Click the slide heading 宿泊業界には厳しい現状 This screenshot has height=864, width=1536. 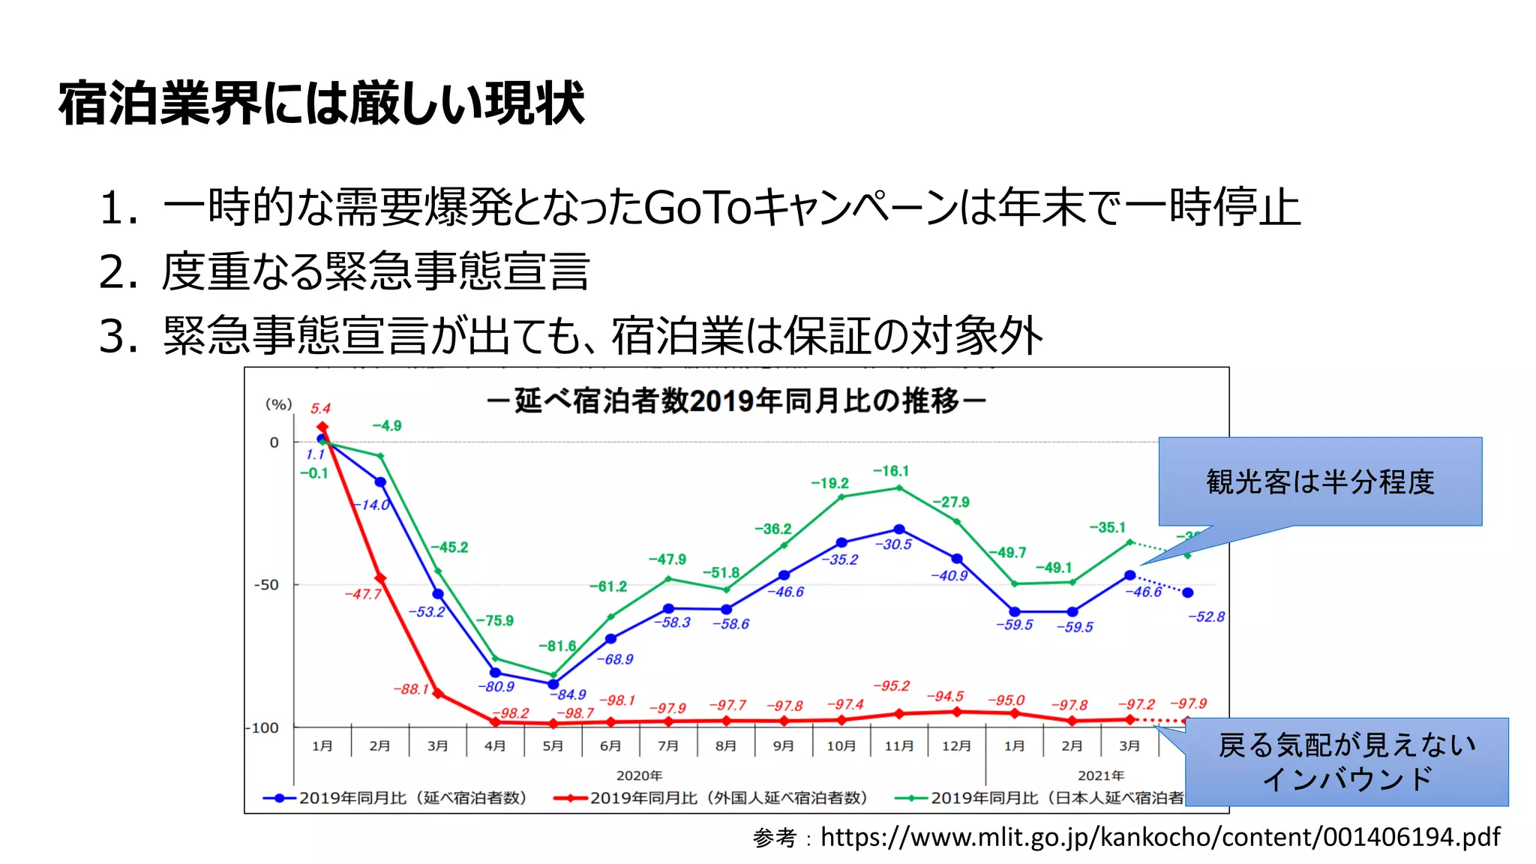click(x=321, y=103)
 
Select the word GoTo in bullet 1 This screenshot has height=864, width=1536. click(x=697, y=208)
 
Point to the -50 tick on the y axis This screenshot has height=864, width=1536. click(x=265, y=585)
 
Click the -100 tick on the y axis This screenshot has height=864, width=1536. click(x=262, y=727)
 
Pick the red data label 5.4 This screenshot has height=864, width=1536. click(x=320, y=409)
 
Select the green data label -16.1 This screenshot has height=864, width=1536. click(x=890, y=471)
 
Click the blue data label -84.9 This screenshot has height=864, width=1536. click(x=571, y=694)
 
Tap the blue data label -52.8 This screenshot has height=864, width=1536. click(x=1205, y=616)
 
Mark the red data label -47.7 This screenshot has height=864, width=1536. click(x=363, y=594)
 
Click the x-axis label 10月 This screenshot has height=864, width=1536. click(x=841, y=745)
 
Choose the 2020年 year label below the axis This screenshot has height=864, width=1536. click(x=639, y=775)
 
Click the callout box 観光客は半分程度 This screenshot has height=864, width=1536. click(x=1319, y=481)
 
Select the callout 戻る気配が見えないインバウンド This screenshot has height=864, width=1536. click(x=1346, y=762)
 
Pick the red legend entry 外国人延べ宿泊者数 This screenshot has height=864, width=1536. click(x=727, y=798)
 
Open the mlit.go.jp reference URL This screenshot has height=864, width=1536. click(x=1159, y=836)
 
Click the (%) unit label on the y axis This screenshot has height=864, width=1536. click(x=278, y=404)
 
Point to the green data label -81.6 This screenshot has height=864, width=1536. click(x=556, y=646)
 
